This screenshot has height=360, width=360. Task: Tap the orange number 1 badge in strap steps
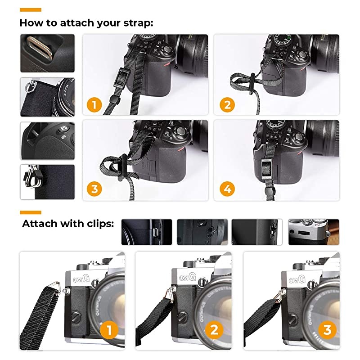pyautogui.click(x=94, y=105)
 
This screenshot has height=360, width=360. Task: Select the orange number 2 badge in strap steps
pyautogui.click(x=227, y=105)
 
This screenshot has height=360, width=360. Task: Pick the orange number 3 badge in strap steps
pyautogui.click(x=94, y=189)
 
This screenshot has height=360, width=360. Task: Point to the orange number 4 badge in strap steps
pyautogui.click(x=227, y=189)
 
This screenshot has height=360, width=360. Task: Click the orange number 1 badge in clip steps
pyautogui.click(x=107, y=330)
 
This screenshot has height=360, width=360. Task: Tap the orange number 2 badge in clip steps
pyautogui.click(x=214, y=330)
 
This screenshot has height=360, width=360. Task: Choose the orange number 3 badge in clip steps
pyautogui.click(x=327, y=330)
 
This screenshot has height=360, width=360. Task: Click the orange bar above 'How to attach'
pyautogui.click(x=31, y=9)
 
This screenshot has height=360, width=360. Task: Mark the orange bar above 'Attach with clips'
pyautogui.click(x=31, y=212)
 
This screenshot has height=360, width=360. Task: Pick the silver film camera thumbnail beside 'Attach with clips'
pyautogui.click(x=314, y=232)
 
